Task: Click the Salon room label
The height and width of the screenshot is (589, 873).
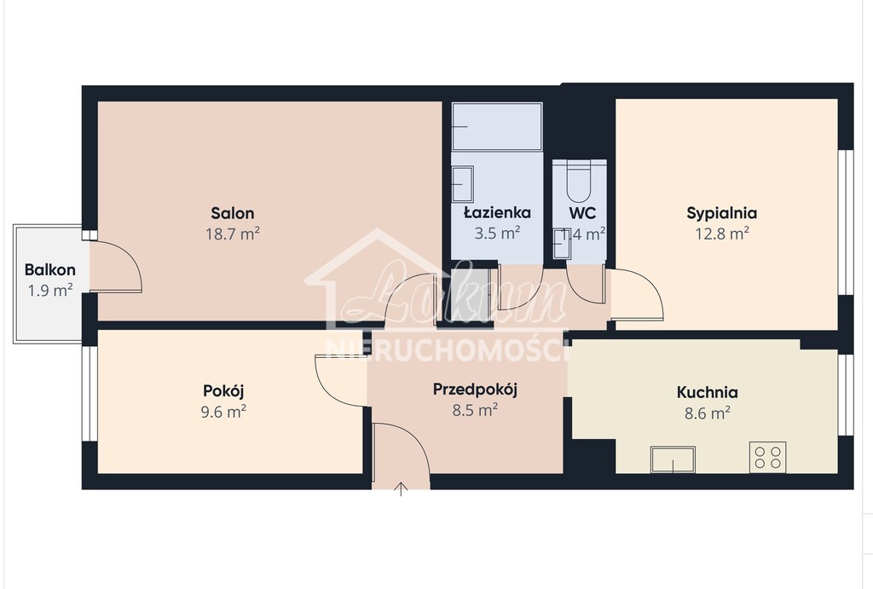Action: [233, 213]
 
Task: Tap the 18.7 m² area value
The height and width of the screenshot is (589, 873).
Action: [233, 233]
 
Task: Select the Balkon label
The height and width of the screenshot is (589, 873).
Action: [50, 270]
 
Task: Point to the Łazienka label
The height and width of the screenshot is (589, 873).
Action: [497, 212]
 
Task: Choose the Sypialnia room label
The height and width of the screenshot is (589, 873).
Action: [722, 213]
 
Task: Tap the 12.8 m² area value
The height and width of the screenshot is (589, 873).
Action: [722, 233]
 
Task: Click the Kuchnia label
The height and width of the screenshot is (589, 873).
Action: [707, 393]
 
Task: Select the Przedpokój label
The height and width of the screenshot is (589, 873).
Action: [476, 390]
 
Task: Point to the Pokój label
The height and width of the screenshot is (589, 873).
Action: [224, 391]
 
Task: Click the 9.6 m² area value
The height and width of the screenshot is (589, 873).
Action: [224, 411]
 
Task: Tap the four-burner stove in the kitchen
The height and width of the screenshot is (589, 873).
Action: [766, 457]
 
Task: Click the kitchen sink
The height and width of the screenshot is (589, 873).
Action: [673, 459]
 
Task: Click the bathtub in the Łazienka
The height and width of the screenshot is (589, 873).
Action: [497, 127]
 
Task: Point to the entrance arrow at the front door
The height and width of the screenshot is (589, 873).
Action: [401, 488]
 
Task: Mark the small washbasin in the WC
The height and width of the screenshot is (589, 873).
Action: [563, 244]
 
